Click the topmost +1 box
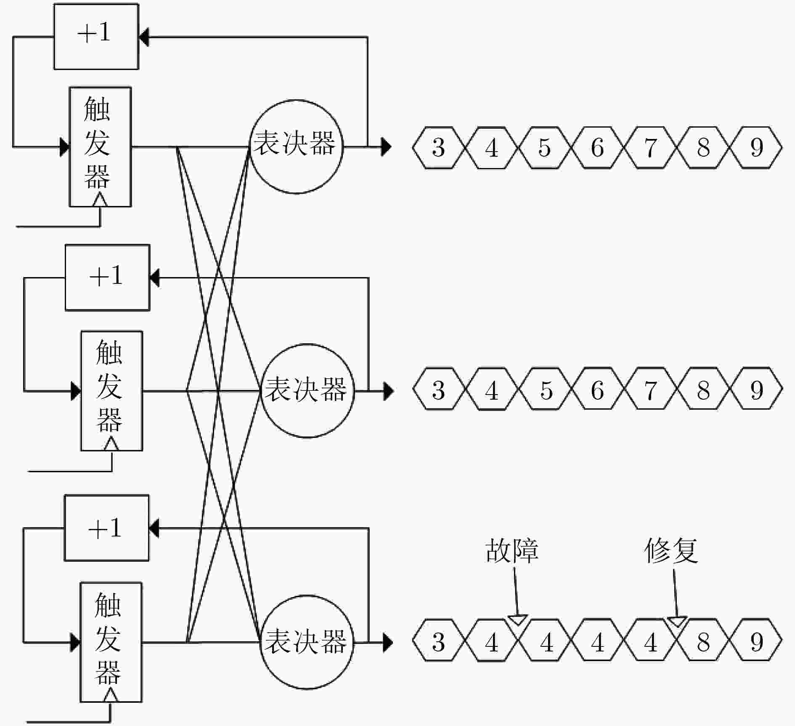click(x=96, y=37)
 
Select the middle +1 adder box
click(x=107, y=278)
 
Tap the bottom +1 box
click(x=106, y=528)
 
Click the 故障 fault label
click(x=512, y=550)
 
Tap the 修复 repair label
click(x=671, y=550)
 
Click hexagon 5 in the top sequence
click(x=544, y=147)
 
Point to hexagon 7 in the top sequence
click(x=650, y=147)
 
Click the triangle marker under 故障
click(x=517, y=620)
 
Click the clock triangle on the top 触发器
click(x=100, y=200)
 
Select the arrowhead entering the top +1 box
click(x=144, y=37)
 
